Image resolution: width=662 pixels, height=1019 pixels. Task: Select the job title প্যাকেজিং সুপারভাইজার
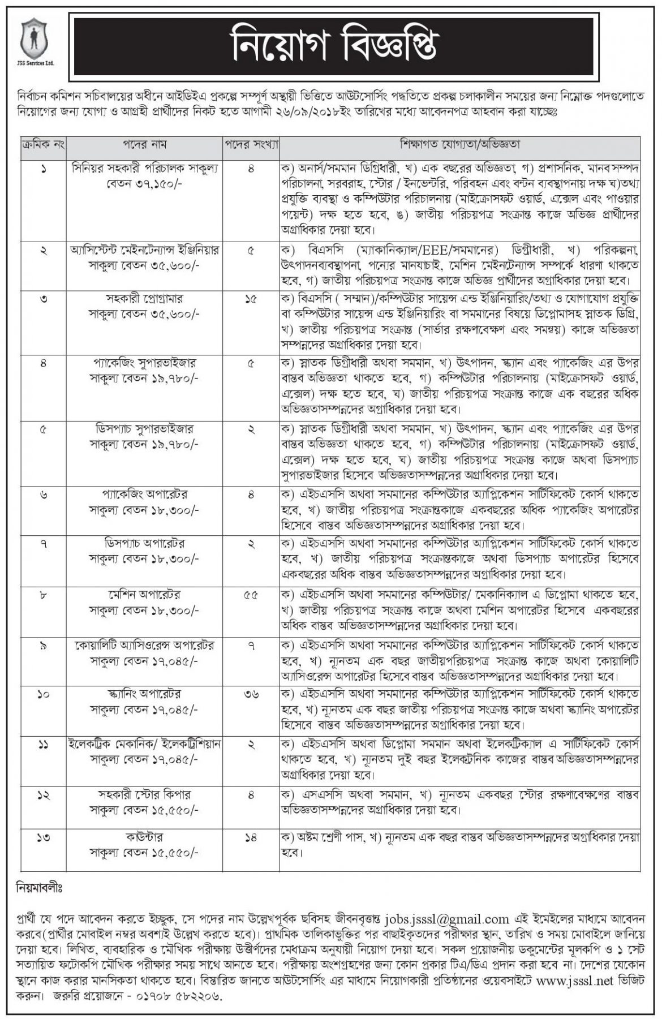tap(145, 363)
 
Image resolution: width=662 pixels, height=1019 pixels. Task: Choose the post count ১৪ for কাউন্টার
tap(251, 836)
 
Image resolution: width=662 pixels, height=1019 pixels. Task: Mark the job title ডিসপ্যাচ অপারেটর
tap(145, 544)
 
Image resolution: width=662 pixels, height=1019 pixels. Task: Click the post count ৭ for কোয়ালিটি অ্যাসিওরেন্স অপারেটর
tap(251, 646)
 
